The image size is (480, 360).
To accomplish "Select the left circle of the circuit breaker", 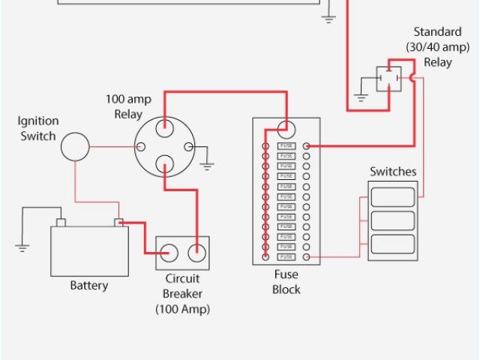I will coord(169,253).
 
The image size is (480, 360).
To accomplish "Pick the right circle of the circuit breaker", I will coord(196,253).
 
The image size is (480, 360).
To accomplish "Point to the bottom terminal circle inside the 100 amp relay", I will coord(165,163).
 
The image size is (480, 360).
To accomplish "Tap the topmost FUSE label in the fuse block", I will coord(286,145).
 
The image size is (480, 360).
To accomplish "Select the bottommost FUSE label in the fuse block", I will coord(286,257).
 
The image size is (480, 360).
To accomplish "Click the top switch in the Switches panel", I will coord(392,197).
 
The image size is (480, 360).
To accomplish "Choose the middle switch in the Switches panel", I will coord(392,220).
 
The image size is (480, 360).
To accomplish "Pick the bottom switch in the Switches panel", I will coord(392,244).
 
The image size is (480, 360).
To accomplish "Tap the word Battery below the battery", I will coord(88,286).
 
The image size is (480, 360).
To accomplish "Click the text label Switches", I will coord(392,172).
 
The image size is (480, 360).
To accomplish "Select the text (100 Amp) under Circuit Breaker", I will coord(183,308).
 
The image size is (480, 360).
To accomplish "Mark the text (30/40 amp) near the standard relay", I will coord(437,46).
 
